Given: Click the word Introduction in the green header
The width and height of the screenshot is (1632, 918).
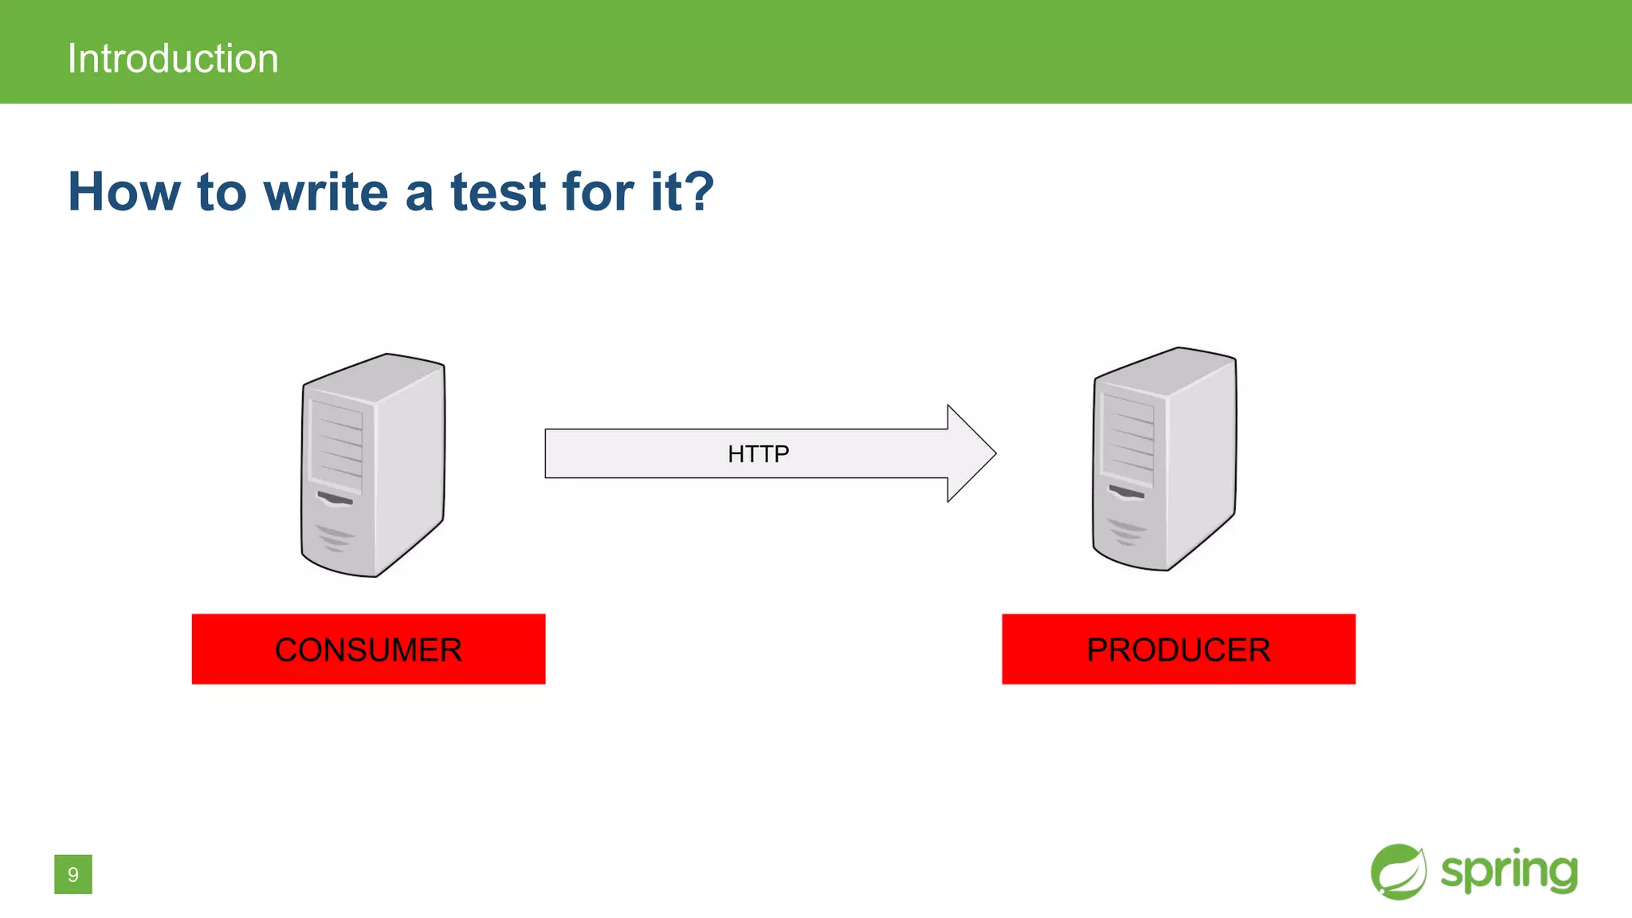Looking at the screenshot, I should point(173,59).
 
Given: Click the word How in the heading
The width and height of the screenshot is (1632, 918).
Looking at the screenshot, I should point(124,192).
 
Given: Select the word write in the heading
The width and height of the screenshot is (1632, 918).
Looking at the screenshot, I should point(327,192).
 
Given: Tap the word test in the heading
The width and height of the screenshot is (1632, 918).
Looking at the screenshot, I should point(498,192).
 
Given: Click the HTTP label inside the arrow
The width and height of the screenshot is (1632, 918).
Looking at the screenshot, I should point(758,453).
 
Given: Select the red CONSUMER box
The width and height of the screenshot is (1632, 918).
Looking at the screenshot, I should point(368,649).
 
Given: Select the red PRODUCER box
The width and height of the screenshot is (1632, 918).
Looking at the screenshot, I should point(1179,649).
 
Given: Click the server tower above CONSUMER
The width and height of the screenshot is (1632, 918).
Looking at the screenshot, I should point(373,465).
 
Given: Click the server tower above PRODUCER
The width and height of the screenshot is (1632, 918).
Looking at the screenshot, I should point(1164,459).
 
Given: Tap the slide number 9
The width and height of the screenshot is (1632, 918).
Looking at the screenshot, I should point(73,874).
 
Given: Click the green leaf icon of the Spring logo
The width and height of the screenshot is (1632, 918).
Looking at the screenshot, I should point(1399,872).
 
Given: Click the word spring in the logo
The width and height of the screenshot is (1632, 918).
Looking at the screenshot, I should point(1508,871).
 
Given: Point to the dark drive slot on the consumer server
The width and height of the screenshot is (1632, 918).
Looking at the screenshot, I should point(335,499).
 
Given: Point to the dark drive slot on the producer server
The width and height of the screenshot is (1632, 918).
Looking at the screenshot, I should point(1126,492).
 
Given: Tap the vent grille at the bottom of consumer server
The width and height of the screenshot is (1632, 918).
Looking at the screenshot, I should point(335,538).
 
